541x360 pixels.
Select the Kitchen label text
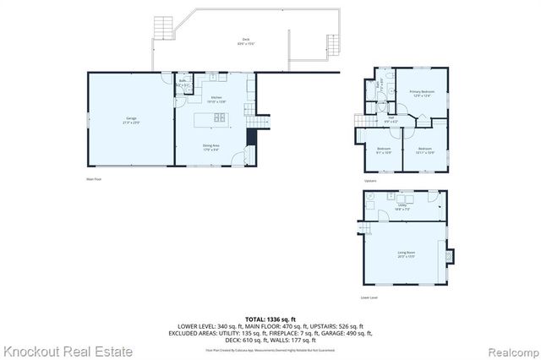click(216, 99)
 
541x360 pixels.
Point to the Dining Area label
click(210, 148)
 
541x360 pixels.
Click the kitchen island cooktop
click(219, 117)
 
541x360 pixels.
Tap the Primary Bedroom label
click(422, 93)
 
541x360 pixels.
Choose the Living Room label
click(406, 254)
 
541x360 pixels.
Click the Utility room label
click(403, 207)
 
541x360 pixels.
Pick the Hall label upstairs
click(391, 121)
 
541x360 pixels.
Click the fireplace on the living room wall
click(449, 254)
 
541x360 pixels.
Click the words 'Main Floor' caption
click(94, 178)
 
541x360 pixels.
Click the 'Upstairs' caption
click(370, 180)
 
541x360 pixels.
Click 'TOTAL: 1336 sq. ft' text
click(270, 318)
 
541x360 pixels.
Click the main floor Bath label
click(182, 85)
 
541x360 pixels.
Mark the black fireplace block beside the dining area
click(251, 139)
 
